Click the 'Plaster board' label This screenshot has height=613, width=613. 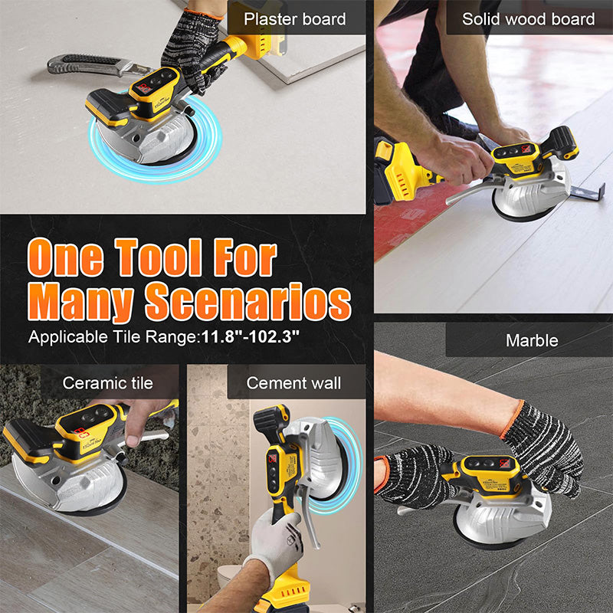295,18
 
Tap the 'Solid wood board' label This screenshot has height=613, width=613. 528,18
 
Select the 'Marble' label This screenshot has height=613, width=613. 531,340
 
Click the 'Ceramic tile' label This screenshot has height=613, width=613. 108,382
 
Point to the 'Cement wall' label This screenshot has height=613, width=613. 293,382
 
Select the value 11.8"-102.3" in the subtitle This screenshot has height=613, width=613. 250,336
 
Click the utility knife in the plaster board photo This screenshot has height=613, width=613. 84,65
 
